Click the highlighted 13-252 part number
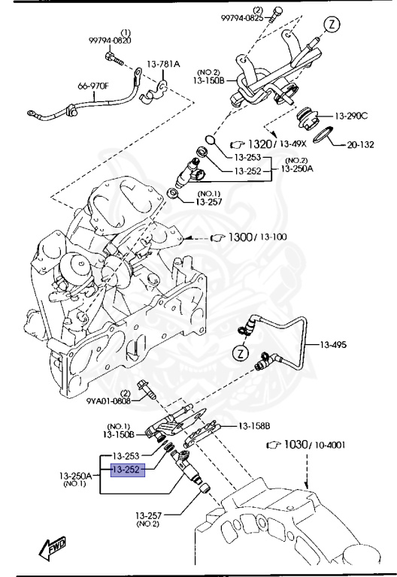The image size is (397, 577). click(x=128, y=470)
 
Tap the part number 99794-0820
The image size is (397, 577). click(x=110, y=41)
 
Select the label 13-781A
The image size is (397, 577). click(x=163, y=64)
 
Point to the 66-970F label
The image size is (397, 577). click(x=93, y=86)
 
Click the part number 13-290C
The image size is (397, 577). click(x=351, y=116)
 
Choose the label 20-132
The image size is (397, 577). click(x=361, y=144)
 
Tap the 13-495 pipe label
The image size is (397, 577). click(x=333, y=345)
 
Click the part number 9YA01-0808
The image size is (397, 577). click(x=108, y=400)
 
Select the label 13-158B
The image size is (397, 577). click(x=254, y=426)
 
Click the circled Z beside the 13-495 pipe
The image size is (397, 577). click(x=241, y=354)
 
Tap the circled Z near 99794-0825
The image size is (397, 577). click(x=332, y=25)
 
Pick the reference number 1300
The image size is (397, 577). click(x=241, y=237)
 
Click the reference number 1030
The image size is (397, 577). click(x=296, y=445)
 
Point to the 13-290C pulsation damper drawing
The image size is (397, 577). click(x=307, y=118)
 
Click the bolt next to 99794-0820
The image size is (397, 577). click(x=114, y=59)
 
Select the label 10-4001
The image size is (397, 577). click(x=329, y=445)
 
